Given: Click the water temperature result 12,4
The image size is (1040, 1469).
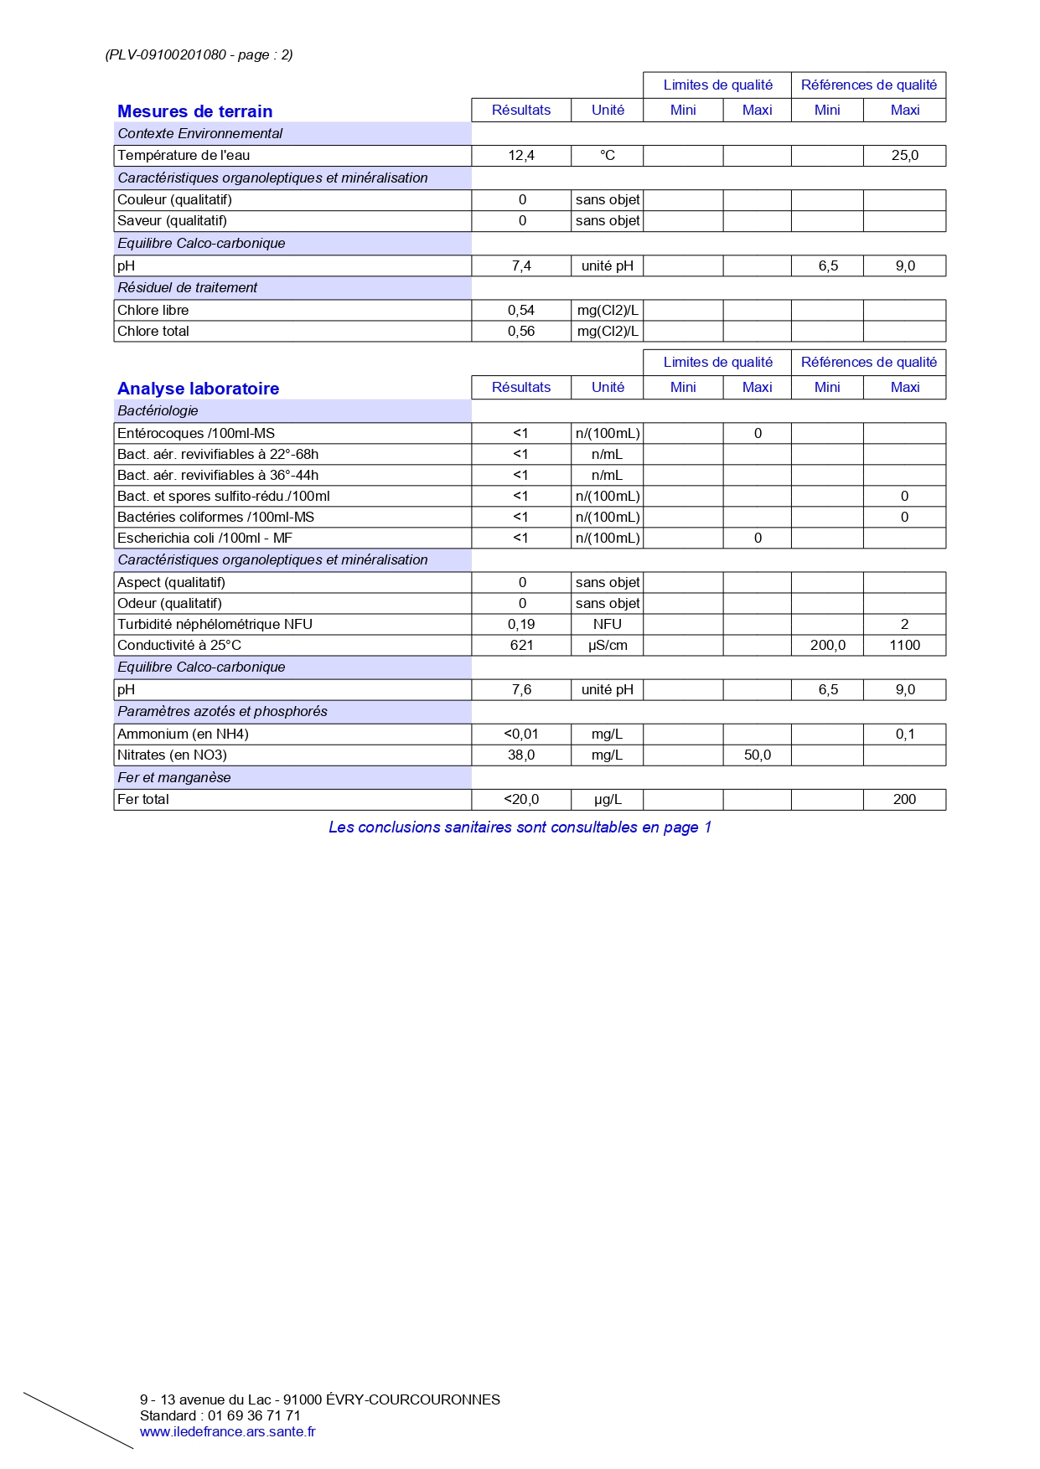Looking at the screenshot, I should (x=521, y=156).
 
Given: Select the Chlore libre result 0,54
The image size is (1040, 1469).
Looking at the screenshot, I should (x=521, y=311).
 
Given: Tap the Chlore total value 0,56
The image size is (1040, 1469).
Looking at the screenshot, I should (x=521, y=332).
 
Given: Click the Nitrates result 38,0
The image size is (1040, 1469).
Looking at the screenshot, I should (x=521, y=755).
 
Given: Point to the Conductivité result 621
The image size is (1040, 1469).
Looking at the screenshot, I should (x=521, y=646).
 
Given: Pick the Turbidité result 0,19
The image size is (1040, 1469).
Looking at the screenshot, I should (x=521, y=625).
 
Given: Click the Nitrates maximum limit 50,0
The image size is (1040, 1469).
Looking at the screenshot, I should (x=758, y=755).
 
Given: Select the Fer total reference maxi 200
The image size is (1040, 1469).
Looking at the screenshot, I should (x=904, y=800).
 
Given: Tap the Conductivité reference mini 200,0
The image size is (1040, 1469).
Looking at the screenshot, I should (x=828, y=646).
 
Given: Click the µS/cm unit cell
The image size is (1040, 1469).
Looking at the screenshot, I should (x=608, y=646).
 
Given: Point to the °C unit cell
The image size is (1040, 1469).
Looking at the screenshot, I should (x=608, y=156).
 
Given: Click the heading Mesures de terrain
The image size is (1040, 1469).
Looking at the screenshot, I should (x=194, y=111).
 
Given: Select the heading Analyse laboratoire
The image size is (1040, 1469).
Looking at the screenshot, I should (x=198, y=389).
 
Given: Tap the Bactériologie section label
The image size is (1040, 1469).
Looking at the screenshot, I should (x=158, y=411).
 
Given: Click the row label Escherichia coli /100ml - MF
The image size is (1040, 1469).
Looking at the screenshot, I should (x=204, y=539).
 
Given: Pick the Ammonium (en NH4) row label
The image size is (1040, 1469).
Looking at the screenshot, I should (x=183, y=734).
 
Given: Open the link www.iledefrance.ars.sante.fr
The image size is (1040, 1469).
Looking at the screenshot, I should (x=228, y=1431).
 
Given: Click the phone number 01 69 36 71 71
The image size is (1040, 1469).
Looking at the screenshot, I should (x=254, y=1415).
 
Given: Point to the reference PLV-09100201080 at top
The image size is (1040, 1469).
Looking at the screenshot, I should (x=167, y=55).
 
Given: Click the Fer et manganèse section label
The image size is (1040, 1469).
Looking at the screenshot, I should (x=174, y=778).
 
